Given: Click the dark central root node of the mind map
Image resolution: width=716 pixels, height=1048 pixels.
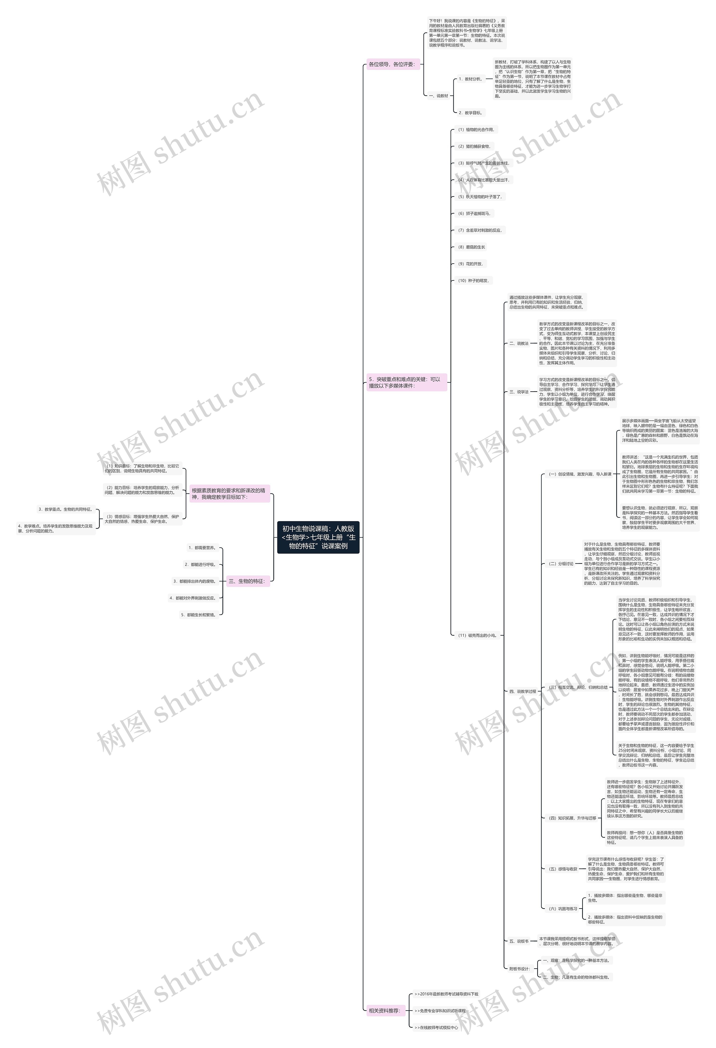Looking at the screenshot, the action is pos(318,537).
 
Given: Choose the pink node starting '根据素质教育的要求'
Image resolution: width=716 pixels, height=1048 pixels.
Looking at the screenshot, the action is pos(229,493).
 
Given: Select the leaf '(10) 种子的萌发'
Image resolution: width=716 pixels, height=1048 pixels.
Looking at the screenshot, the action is pos(473,280).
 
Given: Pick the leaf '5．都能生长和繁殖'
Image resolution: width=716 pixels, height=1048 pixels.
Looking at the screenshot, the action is pos(199,615).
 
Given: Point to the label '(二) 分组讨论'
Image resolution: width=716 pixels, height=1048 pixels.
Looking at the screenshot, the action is pos(561,564).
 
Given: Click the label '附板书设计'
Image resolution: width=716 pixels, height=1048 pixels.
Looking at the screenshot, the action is pos(519,969).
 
